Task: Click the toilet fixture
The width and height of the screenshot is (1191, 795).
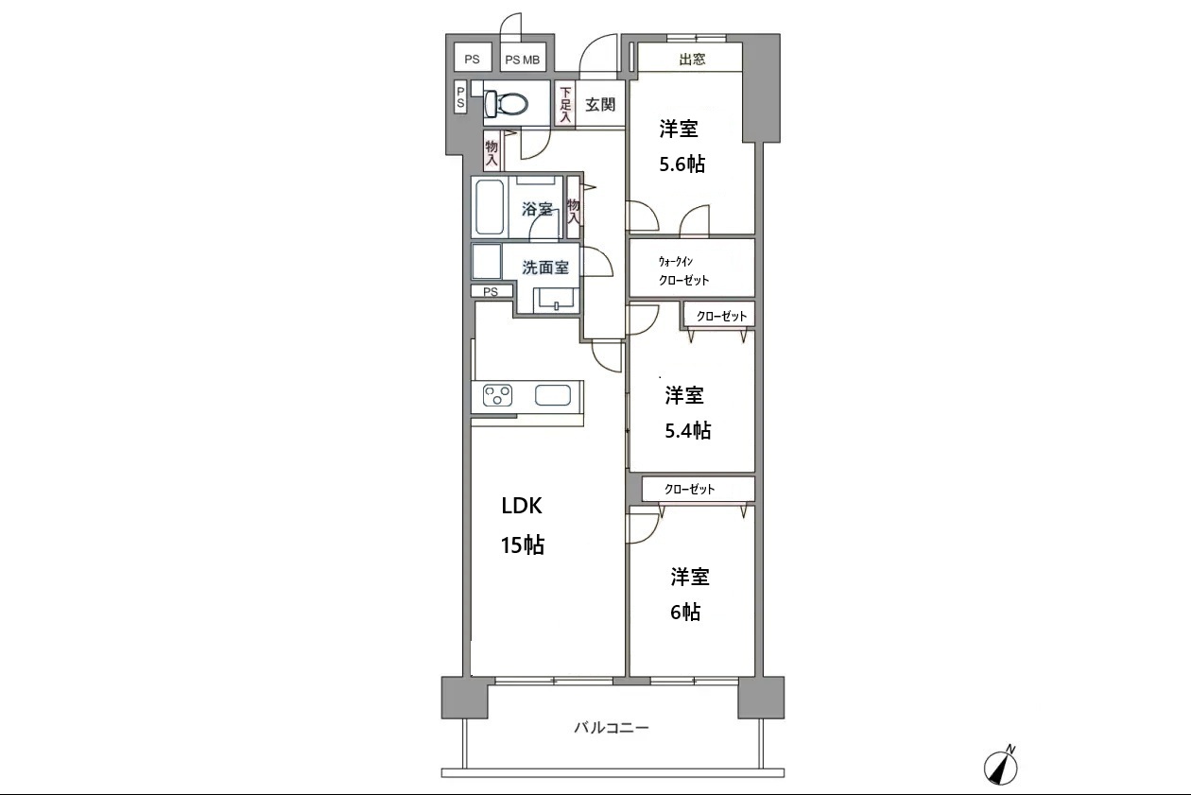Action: (x=506, y=104)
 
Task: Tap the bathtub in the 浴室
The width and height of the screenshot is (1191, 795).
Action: (x=490, y=206)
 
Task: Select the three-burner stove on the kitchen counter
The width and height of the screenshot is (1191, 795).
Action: (x=497, y=396)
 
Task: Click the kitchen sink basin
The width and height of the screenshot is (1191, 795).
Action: (x=552, y=396)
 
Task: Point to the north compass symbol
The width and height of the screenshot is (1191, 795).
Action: (x=1001, y=767)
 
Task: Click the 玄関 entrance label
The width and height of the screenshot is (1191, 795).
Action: (x=600, y=105)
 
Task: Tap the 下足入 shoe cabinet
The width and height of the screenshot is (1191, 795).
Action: (x=565, y=104)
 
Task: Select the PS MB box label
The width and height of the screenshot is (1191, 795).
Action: (x=523, y=60)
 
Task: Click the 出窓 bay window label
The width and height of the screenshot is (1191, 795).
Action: (x=692, y=59)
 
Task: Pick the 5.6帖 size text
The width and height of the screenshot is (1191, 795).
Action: (x=682, y=164)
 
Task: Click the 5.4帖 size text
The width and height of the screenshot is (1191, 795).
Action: (x=687, y=430)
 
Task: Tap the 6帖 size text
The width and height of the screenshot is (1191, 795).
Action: (x=685, y=612)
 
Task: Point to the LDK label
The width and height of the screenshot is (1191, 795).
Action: (x=522, y=506)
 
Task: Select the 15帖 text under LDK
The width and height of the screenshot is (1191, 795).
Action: (x=522, y=545)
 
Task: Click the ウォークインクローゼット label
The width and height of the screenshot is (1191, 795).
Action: (x=683, y=270)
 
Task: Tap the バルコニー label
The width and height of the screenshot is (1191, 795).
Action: (x=612, y=728)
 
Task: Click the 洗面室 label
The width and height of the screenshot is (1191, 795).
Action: (x=545, y=268)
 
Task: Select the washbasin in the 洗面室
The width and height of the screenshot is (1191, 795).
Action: (x=556, y=300)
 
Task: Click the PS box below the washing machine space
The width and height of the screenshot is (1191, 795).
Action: (x=492, y=291)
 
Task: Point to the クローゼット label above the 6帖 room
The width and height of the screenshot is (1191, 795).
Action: (x=690, y=490)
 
